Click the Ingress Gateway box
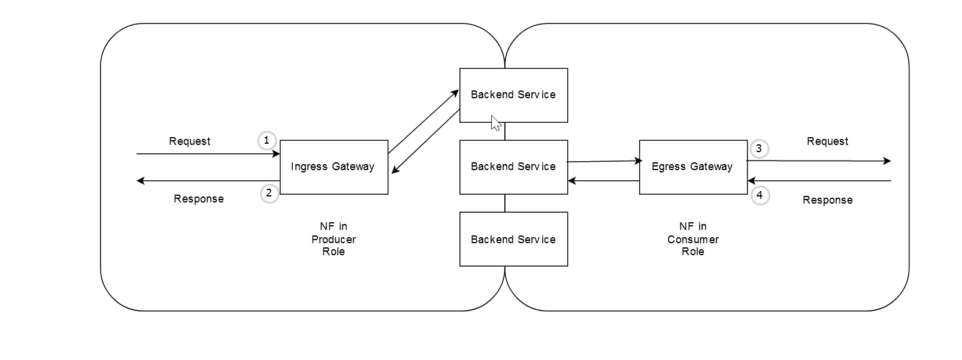point(334,167)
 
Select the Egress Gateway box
point(693,167)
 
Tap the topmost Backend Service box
point(513,95)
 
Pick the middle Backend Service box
point(513,167)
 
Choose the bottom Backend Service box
point(513,239)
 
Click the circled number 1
point(267,141)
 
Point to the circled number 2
point(269,193)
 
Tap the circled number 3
point(759,149)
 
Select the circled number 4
point(760,195)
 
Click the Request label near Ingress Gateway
point(189,141)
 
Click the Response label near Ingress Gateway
point(198,199)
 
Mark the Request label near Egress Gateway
point(827,141)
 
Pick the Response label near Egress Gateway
point(827,200)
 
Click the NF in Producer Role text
point(334,239)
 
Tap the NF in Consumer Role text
point(693,239)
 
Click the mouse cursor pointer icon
point(495,123)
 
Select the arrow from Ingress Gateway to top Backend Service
point(423,122)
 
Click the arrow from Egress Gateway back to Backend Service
point(603,181)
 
